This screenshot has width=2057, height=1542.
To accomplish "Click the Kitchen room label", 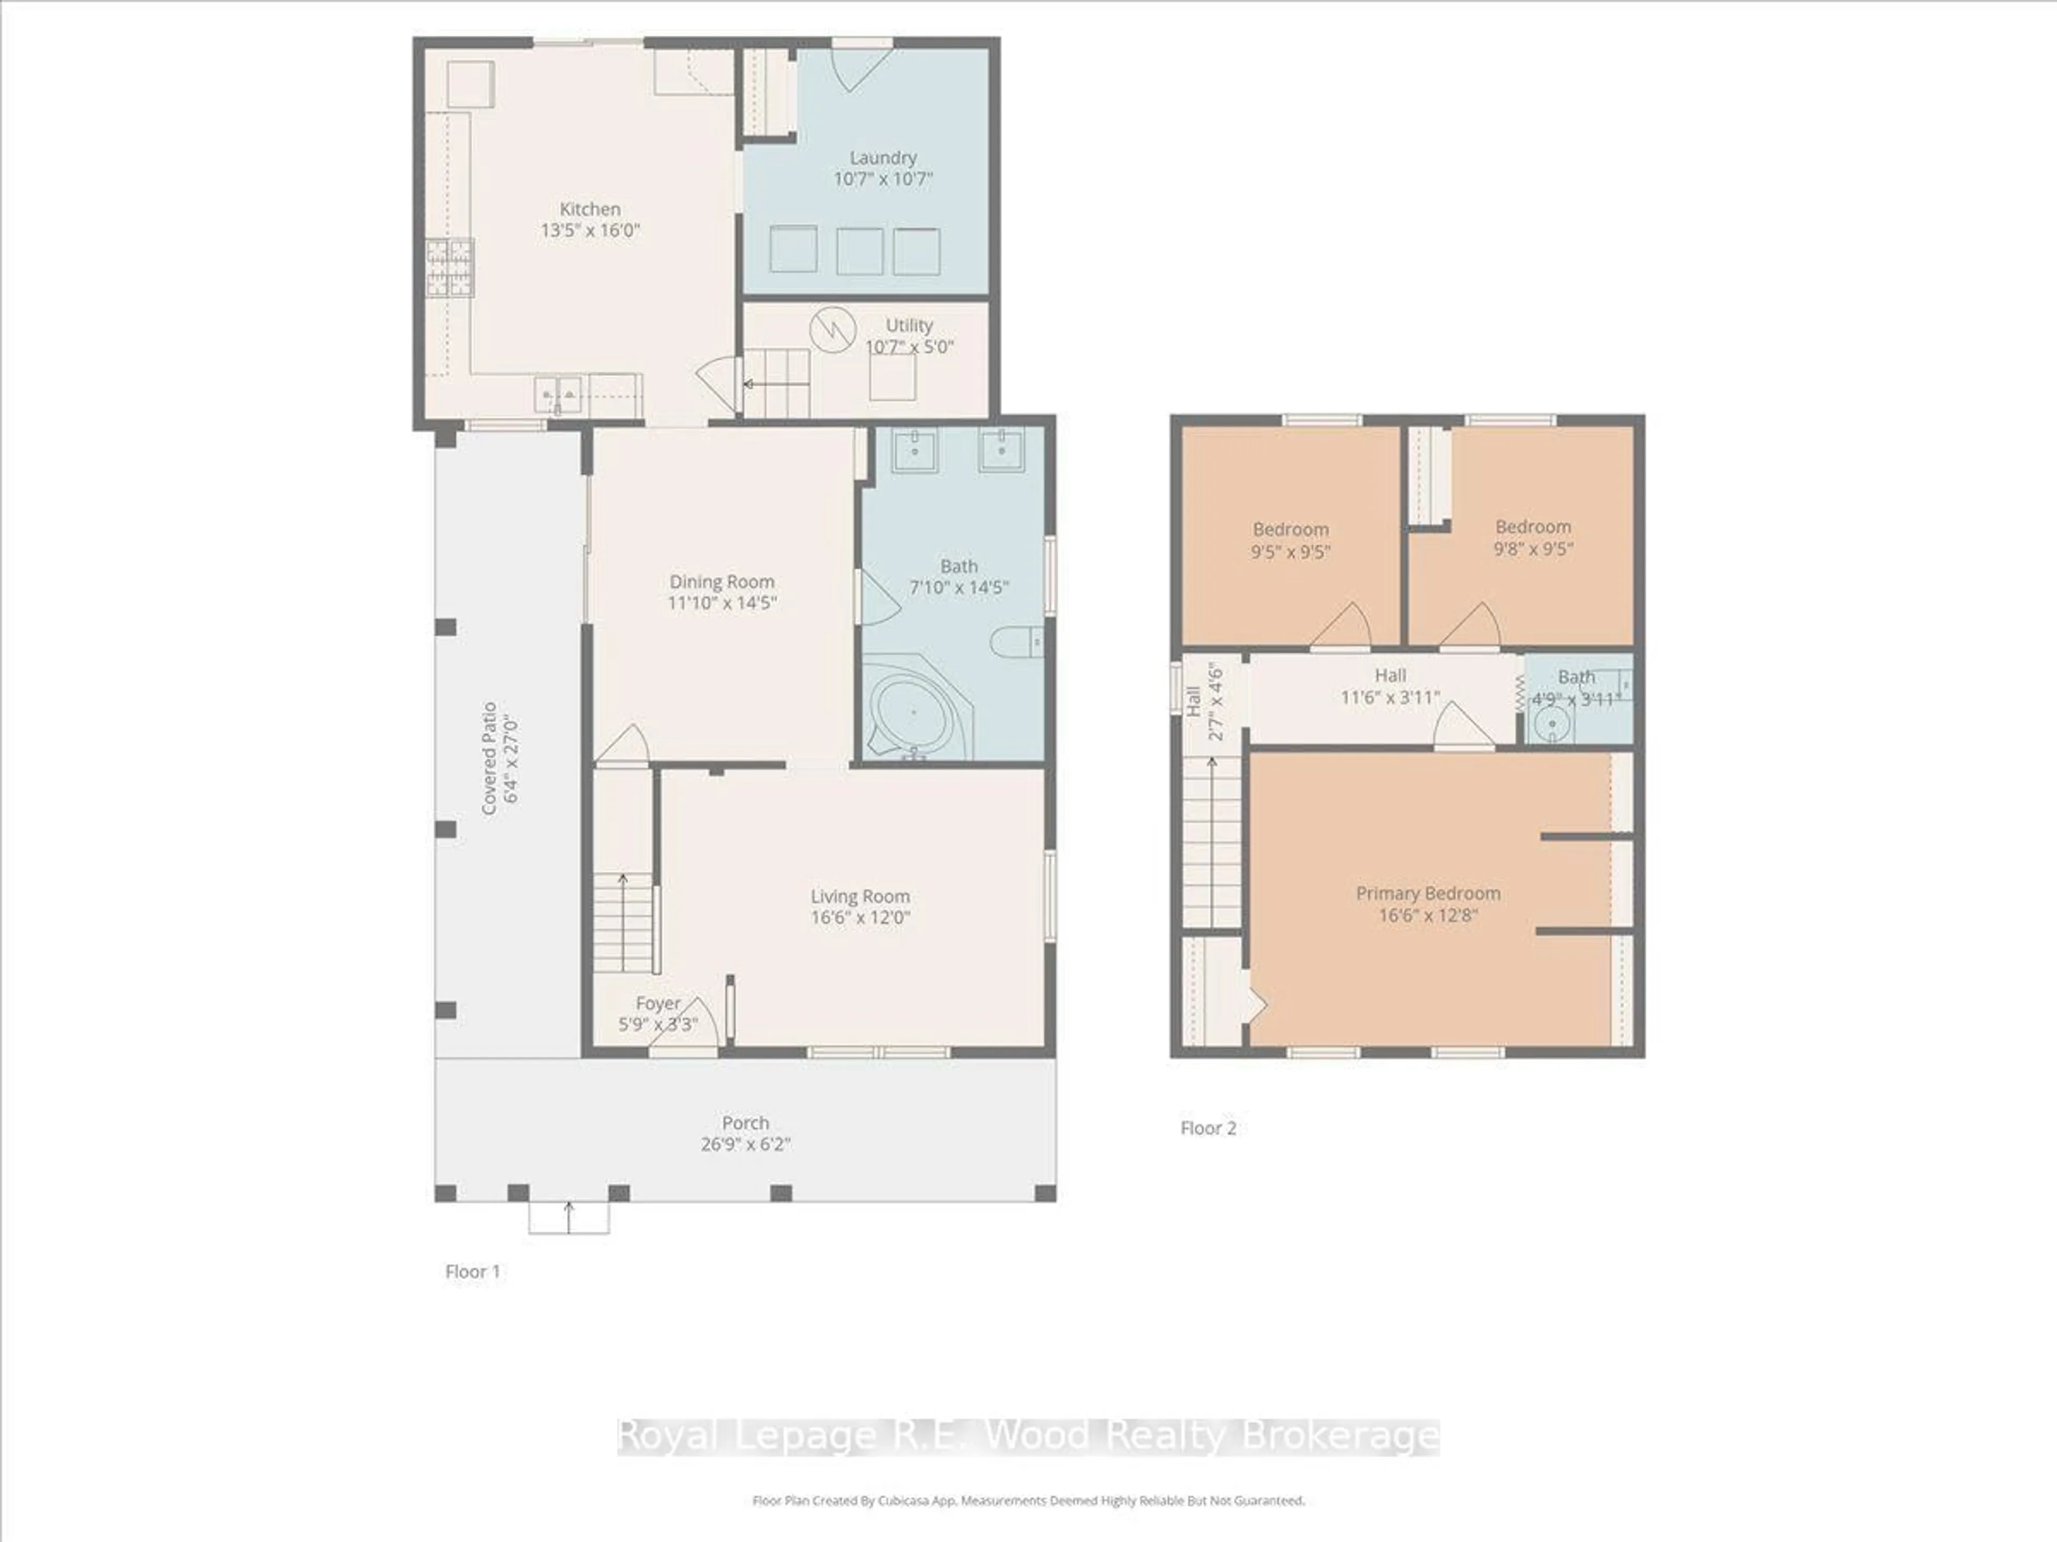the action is tap(590, 209).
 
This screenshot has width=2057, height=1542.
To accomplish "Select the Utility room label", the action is tap(909, 326).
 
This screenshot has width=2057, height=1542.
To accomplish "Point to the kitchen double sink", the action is tap(558, 395).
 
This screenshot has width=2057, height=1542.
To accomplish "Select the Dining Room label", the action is tap(722, 582).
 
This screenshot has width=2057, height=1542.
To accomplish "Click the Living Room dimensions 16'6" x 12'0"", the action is tap(860, 917).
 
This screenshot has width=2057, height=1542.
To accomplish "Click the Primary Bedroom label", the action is tap(1428, 893).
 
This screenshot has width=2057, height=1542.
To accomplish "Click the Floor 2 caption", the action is tap(1208, 1128).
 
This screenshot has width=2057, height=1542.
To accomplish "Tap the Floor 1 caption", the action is tap(472, 1272).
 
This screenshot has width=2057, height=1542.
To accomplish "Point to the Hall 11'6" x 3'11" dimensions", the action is tap(1390, 697).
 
